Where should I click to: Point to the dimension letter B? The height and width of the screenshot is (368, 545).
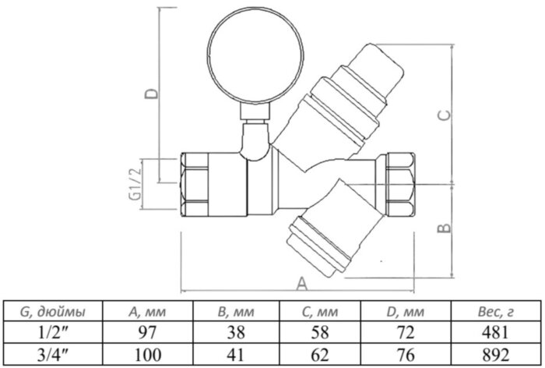pyautogui.click(x=441, y=228)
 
